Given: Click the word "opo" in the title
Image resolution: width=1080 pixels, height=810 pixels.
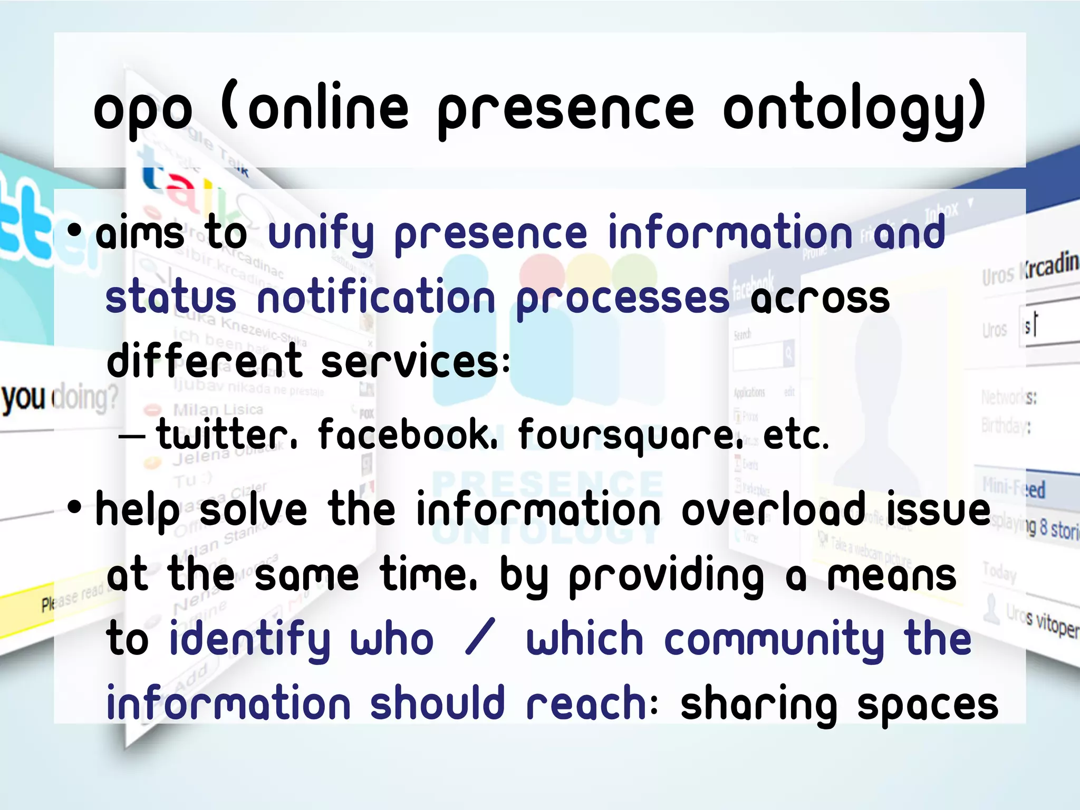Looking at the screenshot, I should click(x=143, y=111).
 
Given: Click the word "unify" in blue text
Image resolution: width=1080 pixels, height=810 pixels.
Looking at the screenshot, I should click(x=321, y=235).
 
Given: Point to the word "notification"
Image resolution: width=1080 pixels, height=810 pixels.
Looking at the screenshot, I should click(x=376, y=298).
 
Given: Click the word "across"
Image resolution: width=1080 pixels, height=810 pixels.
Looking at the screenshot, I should click(x=820, y=298).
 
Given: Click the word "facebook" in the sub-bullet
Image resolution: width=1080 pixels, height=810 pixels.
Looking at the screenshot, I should click(x=407, y=435).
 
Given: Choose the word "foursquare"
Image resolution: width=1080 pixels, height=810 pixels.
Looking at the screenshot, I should click(x=630, y=436).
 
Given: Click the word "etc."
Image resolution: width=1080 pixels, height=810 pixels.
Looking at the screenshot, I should click(x=796, y=436).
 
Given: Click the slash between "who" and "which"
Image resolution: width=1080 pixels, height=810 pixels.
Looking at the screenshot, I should click(x=480, y=638).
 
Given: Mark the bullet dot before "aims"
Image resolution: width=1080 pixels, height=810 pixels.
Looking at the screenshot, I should click(x=75, y=230).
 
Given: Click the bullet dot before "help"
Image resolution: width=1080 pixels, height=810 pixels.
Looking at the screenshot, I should click(x=75, y=507).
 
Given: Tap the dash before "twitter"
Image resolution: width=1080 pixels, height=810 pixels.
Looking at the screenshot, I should click(x=132, y=437).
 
